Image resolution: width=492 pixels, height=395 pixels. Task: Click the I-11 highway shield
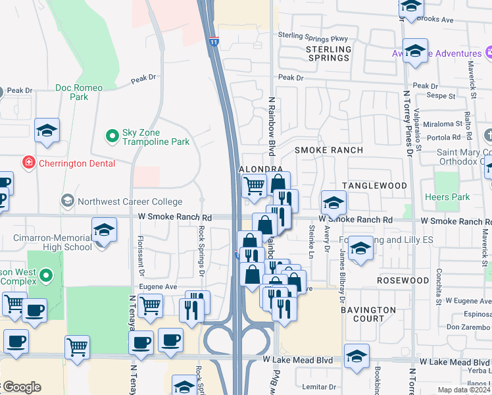point(214,41)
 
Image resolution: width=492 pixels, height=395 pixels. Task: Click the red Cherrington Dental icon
point(28,163)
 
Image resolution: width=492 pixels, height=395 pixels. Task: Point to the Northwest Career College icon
point(67,199)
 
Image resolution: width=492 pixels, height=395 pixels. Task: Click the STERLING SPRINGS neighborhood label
point(328,53)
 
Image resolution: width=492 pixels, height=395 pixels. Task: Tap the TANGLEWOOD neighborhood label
point(374,186)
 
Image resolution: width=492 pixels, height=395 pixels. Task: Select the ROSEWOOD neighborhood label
point(403,280)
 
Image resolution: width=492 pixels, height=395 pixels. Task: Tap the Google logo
point(21,387)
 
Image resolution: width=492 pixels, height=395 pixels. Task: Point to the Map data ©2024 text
point(463,390)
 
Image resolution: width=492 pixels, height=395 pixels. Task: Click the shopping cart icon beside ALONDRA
point(254,186)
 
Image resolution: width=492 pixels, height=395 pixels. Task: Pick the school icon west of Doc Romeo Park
point(47,131)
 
